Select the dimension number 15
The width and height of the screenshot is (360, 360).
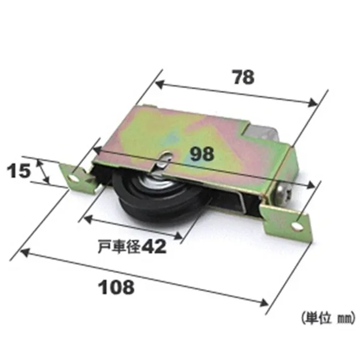click(x=19, y=171)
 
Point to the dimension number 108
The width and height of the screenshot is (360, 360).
click(x=117, y=287)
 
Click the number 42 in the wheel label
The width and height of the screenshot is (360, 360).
click(x=153, y=246)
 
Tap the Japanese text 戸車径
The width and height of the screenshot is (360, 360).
click(x=119, y=247)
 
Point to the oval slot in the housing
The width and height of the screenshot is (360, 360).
click(x=163, y=162)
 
